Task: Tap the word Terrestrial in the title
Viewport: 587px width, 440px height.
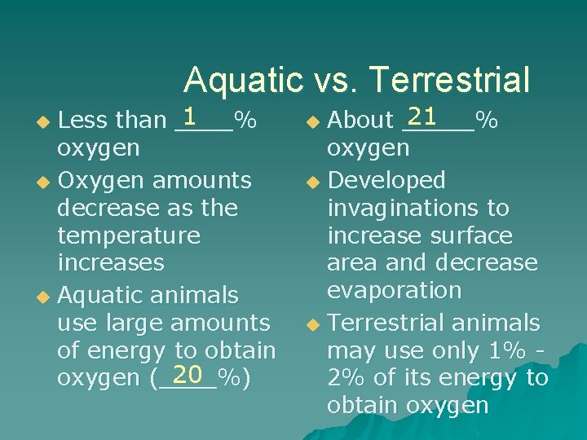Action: (x=449, y=81)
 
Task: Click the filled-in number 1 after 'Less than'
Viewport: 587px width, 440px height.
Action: (x=192, y=117)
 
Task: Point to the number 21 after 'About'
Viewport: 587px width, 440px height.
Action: (x=421, y=117)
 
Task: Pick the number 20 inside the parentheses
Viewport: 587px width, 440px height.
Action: (x=187, y=375)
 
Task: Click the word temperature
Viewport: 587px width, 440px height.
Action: (x=128, y=236)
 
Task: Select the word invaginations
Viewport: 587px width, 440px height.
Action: (x=404, y=209)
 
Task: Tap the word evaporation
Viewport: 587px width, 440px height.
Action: (x=394, y=291)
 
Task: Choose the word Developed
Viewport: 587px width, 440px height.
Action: (x=386, y=180)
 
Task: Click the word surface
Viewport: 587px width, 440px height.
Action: (x=473, y=236)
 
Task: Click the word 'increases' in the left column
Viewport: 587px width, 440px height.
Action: (x=111, y=263)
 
